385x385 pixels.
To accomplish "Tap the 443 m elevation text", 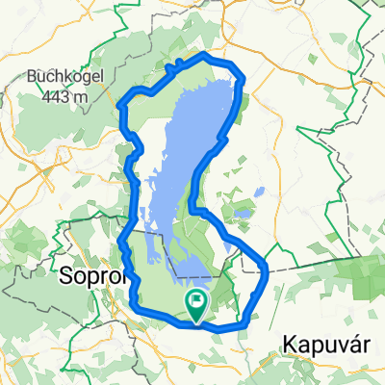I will point(64,96).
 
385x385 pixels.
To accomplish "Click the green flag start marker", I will point(196,306).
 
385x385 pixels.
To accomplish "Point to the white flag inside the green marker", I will point(197,302).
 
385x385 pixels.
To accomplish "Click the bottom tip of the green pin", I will point(196,321).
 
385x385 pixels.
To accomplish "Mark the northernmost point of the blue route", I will point(204,57).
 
